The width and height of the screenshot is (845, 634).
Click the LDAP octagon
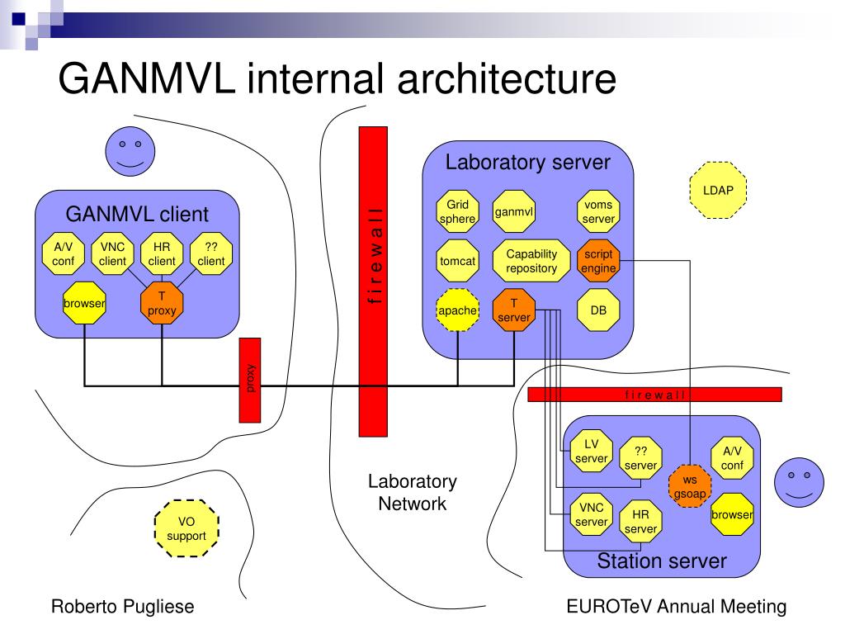(x=718, y=191)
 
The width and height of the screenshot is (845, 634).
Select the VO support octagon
(x=186, y=528)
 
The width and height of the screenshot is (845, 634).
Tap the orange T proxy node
(x=162, y=303)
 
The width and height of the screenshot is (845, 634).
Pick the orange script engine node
(x=598, y=261)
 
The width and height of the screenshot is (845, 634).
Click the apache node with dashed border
(x=457, y=310)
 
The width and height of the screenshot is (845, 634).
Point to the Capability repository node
(x=531, y=261)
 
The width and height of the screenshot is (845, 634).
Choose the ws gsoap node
(x=690, y=486)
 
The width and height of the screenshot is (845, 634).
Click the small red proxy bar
(x=250, y=380)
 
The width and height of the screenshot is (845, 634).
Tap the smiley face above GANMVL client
(x=130, y=152)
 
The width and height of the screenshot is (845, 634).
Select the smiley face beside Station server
(x=799, y=482)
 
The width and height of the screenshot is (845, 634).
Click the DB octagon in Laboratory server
(x=598, y=310)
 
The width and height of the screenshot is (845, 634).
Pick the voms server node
(x=598, y=211)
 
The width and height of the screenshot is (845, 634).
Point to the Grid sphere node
(x=457, y=211)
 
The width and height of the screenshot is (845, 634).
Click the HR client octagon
(x=162, y=254)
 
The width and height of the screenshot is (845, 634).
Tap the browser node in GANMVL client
(x=85, y=303)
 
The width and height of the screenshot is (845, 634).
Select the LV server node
(x=591, y=451)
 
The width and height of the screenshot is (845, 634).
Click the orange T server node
(x=513, y=310)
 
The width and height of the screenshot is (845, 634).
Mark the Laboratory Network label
(x=413, y=492)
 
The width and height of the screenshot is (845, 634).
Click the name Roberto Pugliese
(x=122, y=607)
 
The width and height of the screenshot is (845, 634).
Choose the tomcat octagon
(x=457, y=261)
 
